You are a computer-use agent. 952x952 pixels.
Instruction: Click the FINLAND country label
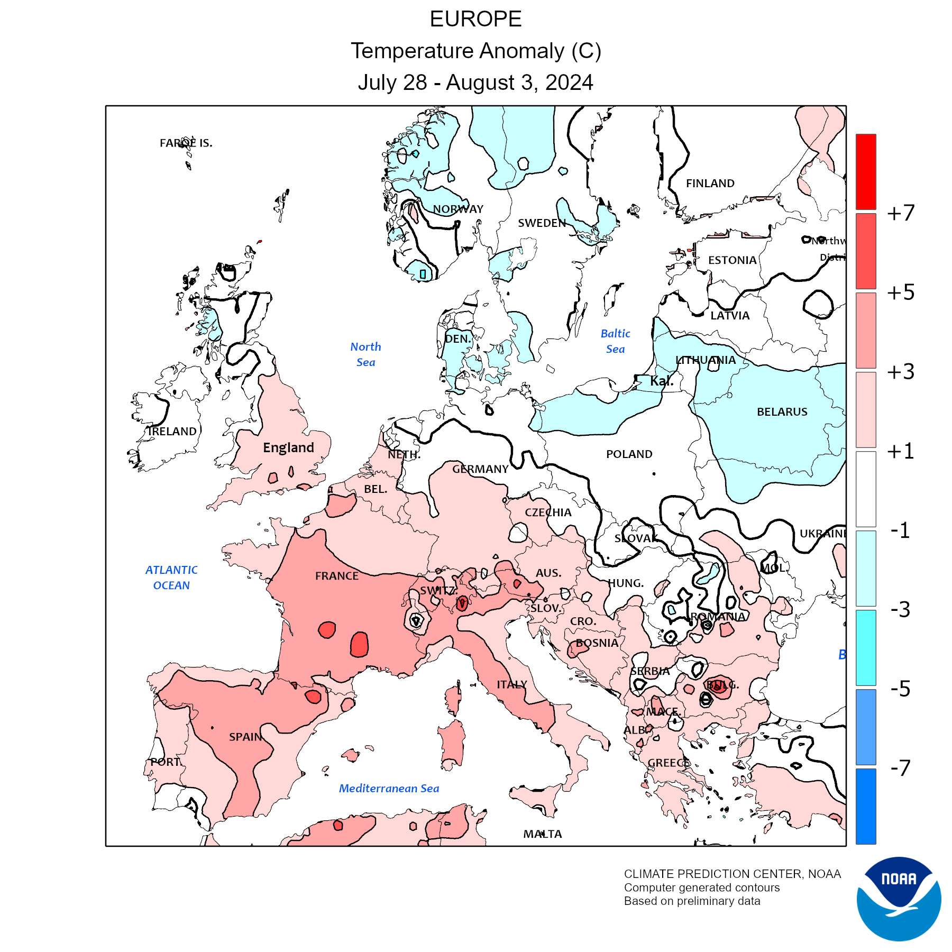point(710,184)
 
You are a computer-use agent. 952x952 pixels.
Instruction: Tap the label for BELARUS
point(782,412)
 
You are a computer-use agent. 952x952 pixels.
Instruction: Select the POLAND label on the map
point(629,454)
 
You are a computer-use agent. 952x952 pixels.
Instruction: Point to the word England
point(288,448)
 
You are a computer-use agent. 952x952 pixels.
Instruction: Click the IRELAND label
point(172,432)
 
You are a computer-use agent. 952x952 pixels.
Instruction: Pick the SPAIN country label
point(245,737)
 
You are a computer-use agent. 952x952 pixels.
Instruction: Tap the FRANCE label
point(337,576)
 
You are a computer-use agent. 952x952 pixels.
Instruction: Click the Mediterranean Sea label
point(389,789)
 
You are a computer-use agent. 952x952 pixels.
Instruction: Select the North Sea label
point(365,354)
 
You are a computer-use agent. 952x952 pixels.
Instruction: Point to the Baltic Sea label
point(615,341)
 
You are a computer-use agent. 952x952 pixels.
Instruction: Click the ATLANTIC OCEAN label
point(171,578)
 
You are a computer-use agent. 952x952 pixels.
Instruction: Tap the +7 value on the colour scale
point(901,213)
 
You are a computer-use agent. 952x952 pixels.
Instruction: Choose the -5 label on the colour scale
point(900,689)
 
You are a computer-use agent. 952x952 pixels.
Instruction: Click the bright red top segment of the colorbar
point(866,172)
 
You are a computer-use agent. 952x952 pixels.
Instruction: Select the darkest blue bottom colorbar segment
point(866,806)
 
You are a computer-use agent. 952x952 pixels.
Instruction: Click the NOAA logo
point(899,899)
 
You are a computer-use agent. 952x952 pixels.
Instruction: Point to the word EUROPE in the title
point(475,20)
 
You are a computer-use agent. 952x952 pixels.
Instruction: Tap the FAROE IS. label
point(186,143)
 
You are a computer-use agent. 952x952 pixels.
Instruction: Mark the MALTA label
point(543,834)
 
